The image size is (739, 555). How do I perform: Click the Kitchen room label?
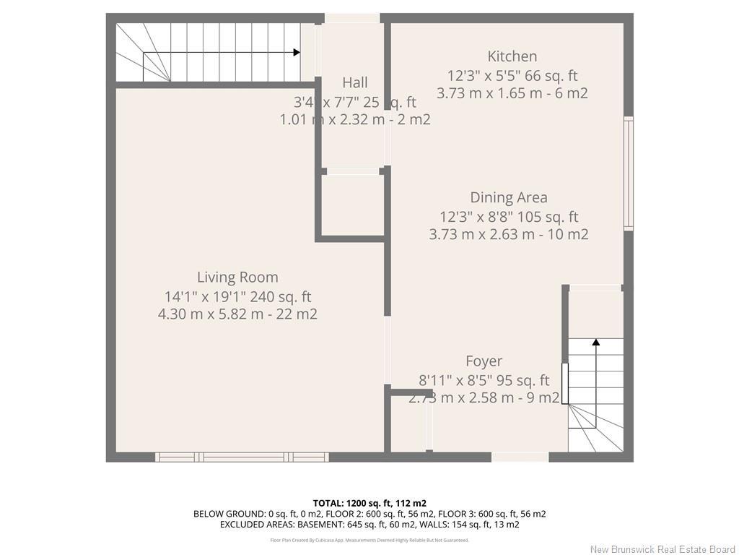tap(512, 56)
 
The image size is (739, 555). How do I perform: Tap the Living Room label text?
tap(237, 277)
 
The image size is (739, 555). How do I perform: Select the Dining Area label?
tap(508, 197)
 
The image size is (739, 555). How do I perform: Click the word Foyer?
tap(484, 361)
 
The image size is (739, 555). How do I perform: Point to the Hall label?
tap(354, 82)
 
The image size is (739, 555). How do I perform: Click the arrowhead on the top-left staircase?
tap(297, 52)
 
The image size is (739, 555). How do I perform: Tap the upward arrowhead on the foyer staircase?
tap(596, 342)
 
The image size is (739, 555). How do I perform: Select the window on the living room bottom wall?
tap(242, 457)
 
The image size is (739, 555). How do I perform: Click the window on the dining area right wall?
tap(628, 173)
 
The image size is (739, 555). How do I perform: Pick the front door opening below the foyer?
tap(520, 457)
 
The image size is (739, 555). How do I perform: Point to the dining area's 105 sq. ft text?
tap(549, 216)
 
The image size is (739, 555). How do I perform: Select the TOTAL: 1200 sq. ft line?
tap(369, 503)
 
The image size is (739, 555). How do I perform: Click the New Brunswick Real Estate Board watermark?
tap(663, 549)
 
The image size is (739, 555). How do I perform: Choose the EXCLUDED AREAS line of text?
tap(369, 525)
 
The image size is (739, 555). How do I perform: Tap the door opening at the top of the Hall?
tap(352, 18)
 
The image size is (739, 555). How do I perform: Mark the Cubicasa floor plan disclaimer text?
tap(369, 540)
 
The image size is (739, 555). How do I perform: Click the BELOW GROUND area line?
tap(369, 514)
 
